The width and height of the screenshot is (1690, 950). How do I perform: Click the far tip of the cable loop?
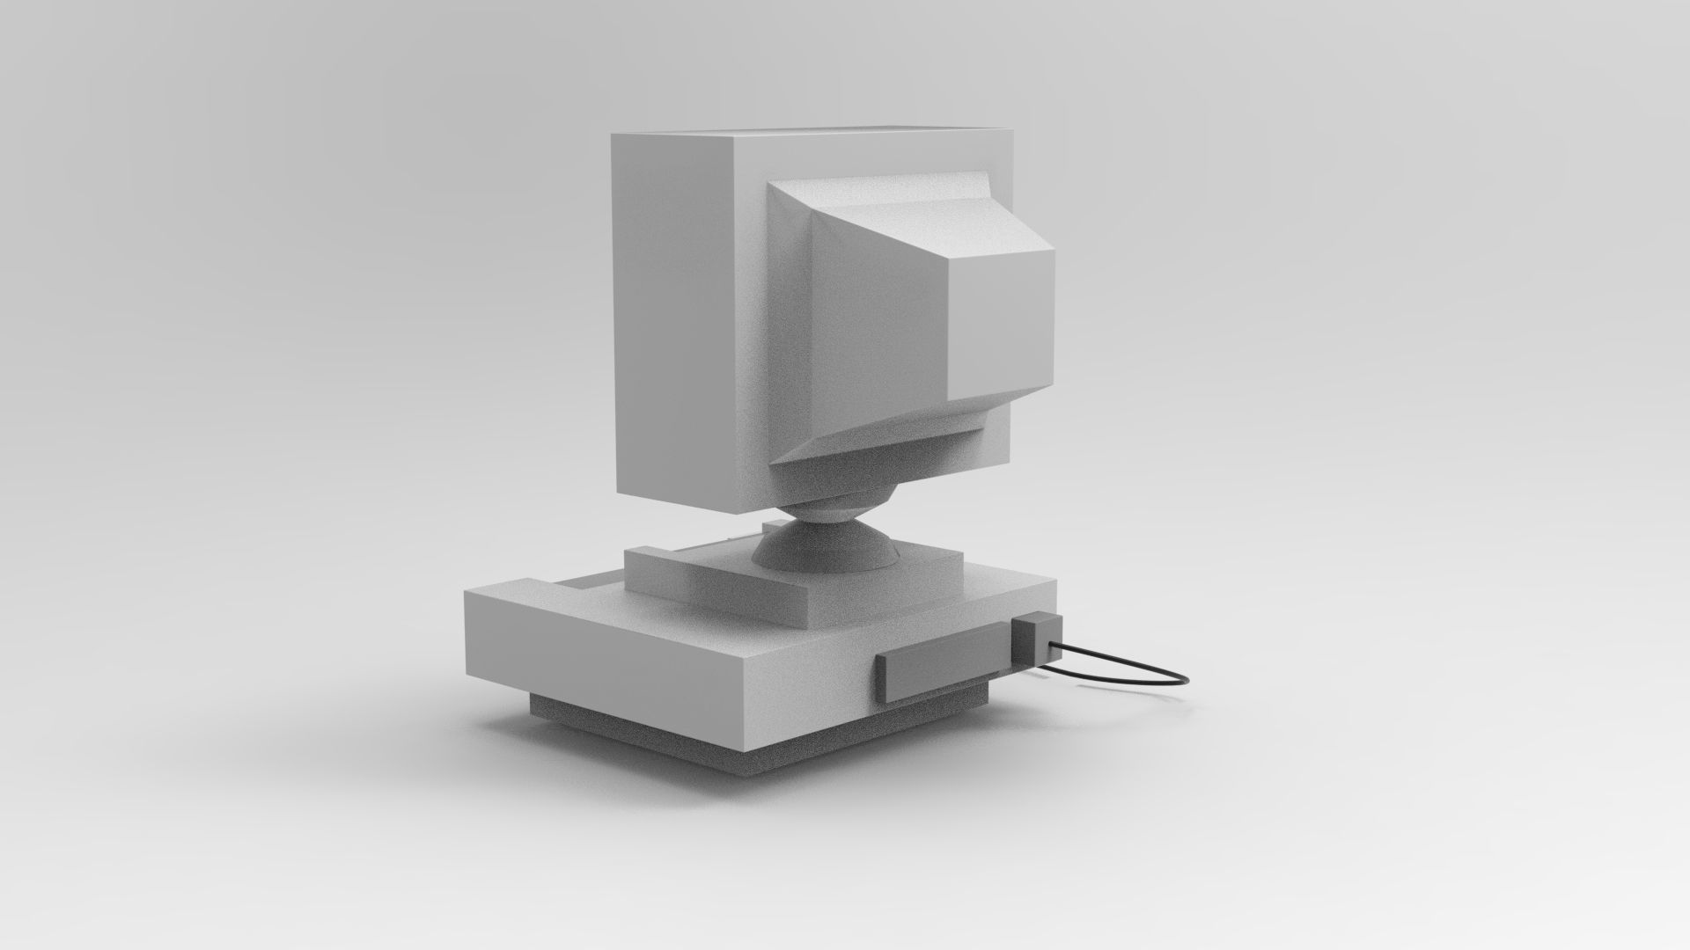(x=1185, y=679)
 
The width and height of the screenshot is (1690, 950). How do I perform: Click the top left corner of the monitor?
(x=613, y=135)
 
